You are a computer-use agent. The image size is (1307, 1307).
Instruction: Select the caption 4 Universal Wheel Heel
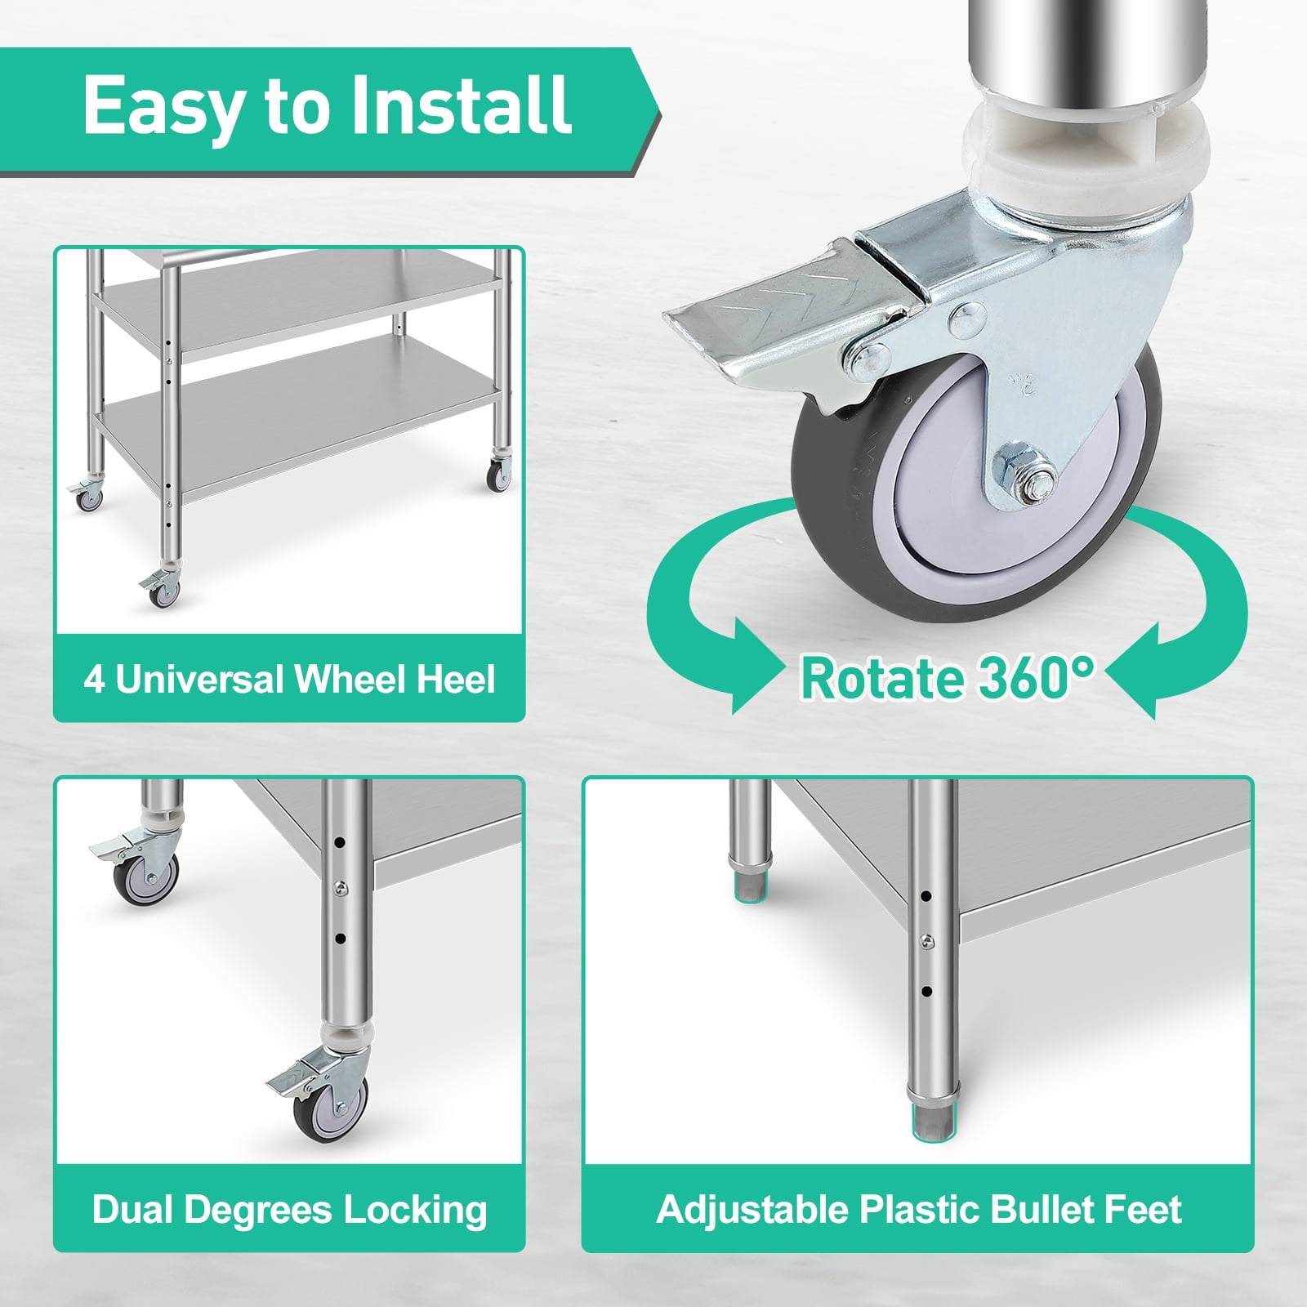pos(289,680)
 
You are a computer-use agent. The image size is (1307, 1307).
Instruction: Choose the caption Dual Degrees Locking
pos(289,1210)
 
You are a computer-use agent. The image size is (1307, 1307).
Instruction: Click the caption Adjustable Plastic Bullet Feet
pos(918,1210)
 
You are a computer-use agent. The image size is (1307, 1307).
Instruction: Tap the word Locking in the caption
pos(415,1211)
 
